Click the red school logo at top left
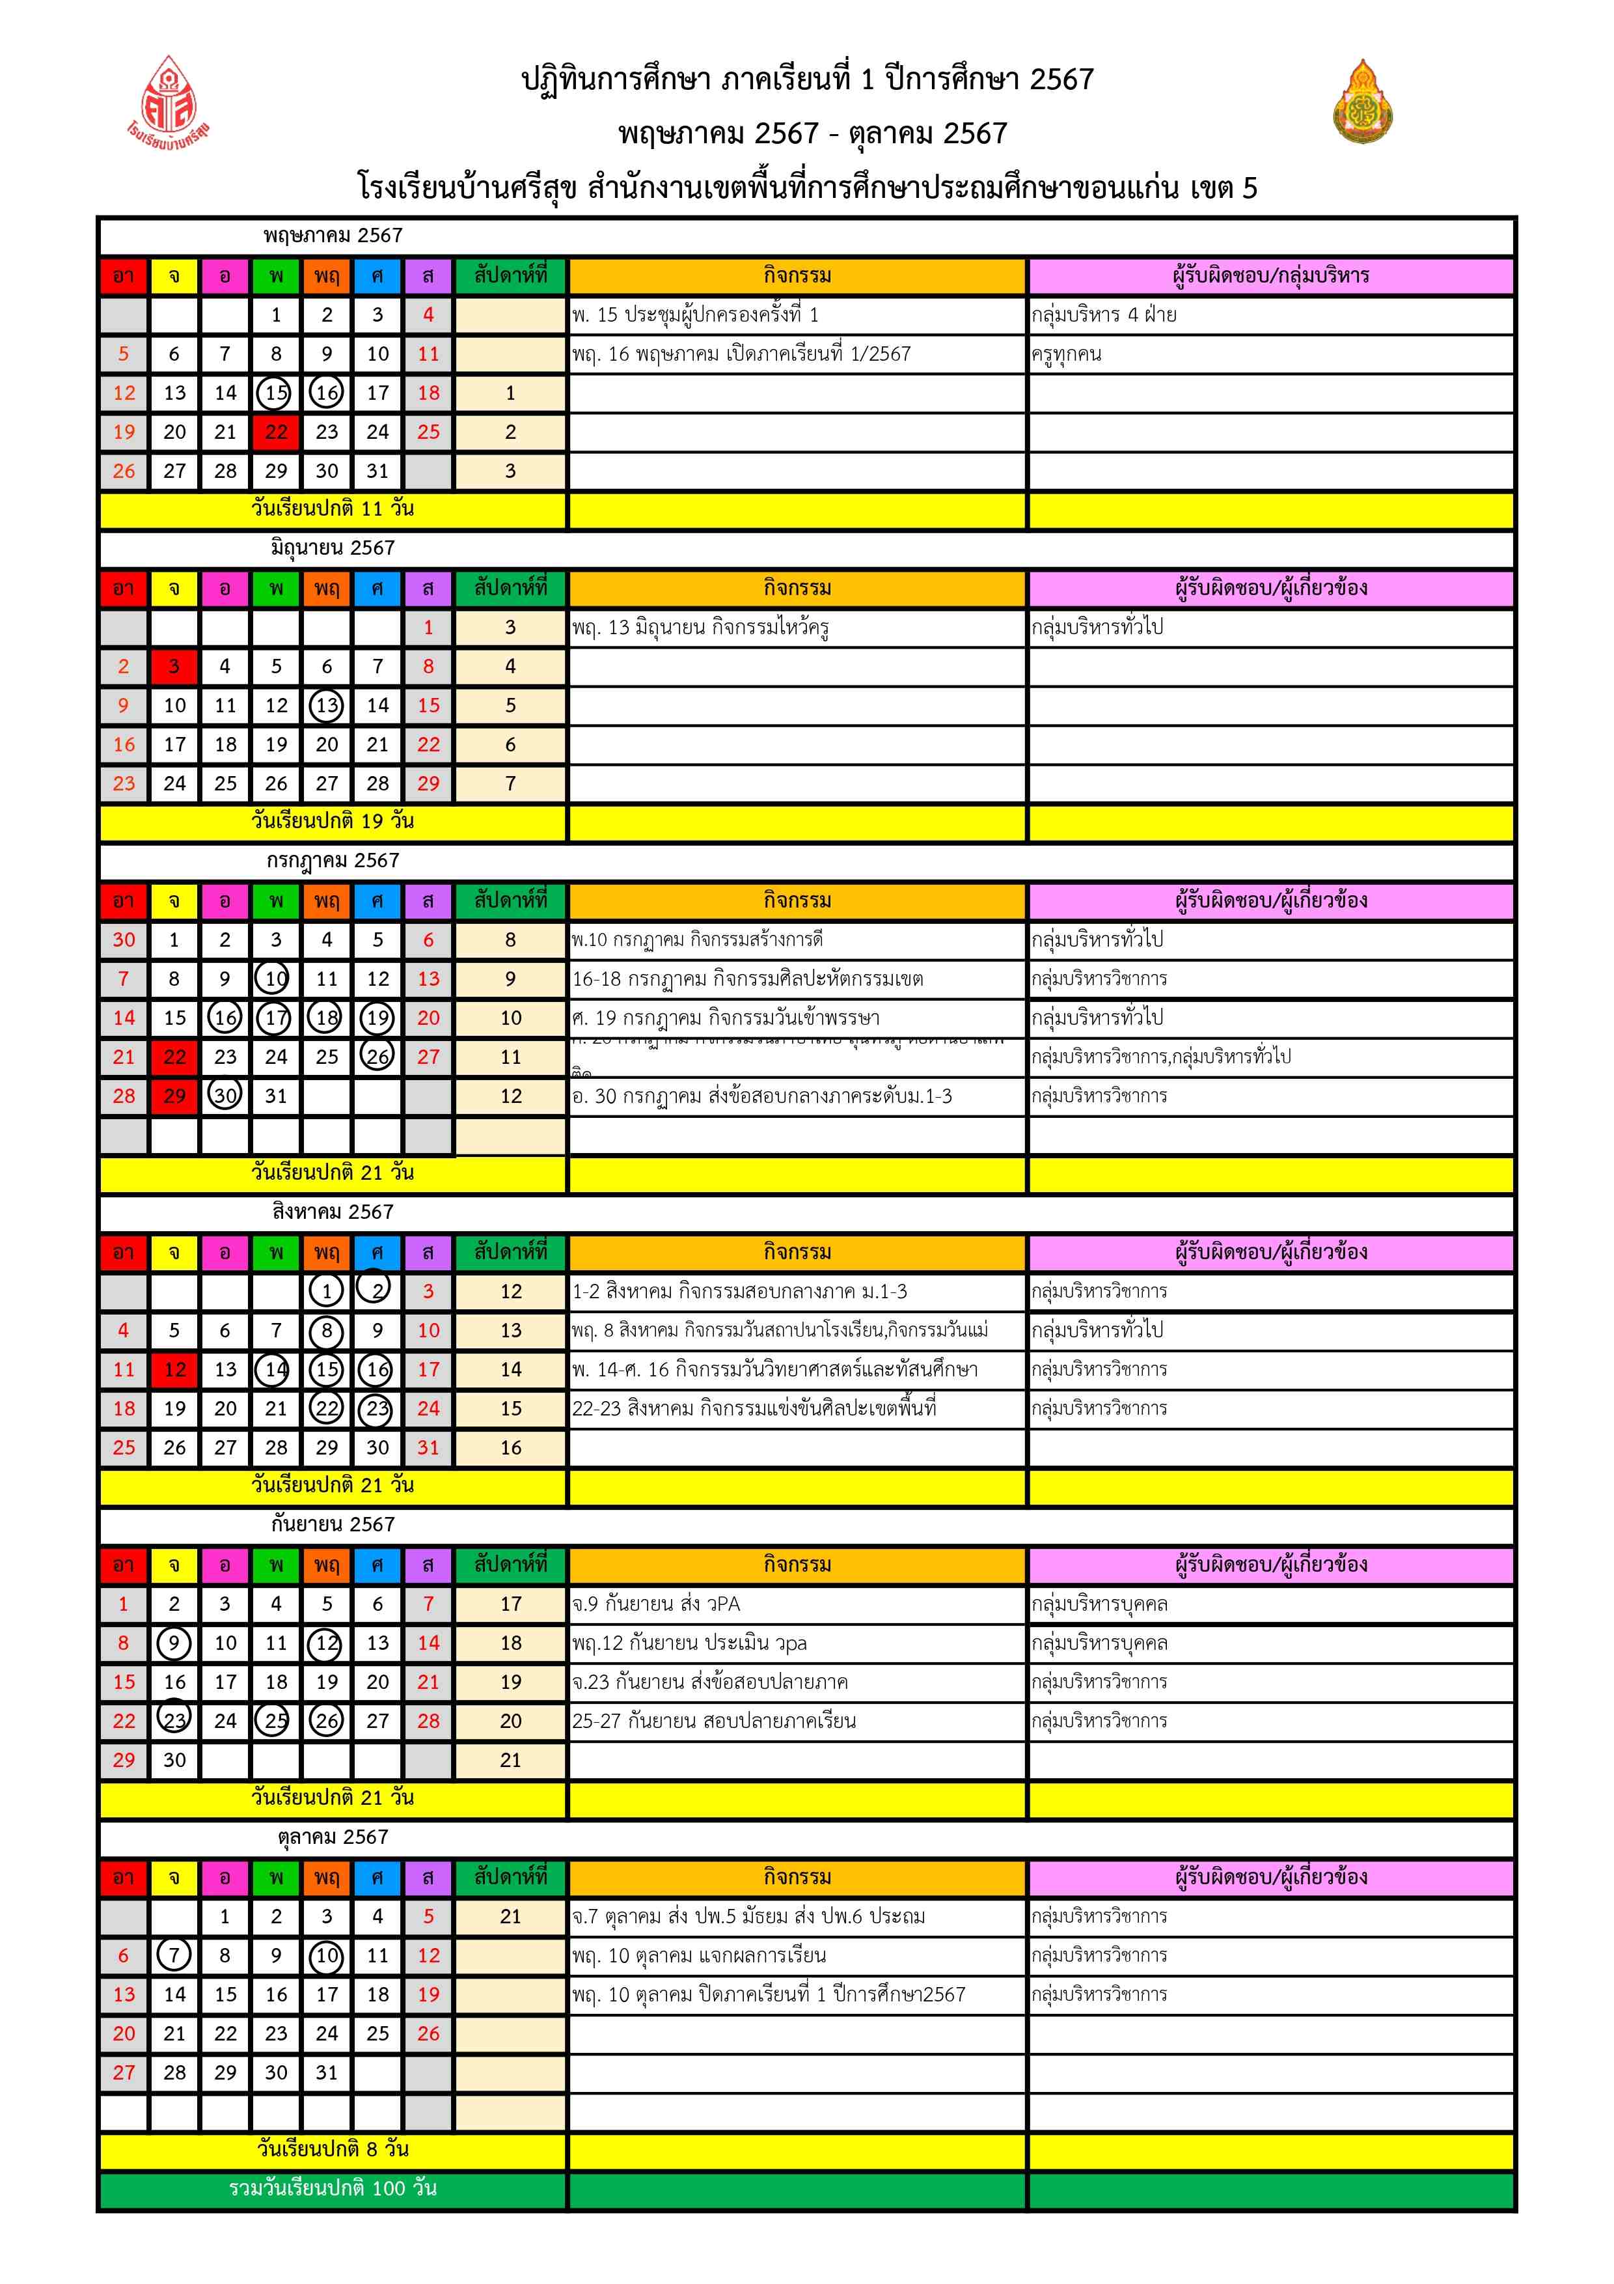(x=168, y=100)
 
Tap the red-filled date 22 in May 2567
(x=275, y=432)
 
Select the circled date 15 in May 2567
(x=275, y=393)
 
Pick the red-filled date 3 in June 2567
(x=174, y=667)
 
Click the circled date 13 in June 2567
(x=326, y=705)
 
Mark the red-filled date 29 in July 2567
(x=174, y=1096)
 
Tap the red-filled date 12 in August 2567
(x=174, y=1370)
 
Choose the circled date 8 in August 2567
(x=326, y=1331)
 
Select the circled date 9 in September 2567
(x=174, y=1643)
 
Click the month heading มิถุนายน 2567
(x=332, y=548)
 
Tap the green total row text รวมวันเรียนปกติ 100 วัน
(x=332, y=2188)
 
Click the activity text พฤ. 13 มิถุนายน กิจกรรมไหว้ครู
(x=700, y=628)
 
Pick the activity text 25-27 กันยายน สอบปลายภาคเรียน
(x=713, y=1721)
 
